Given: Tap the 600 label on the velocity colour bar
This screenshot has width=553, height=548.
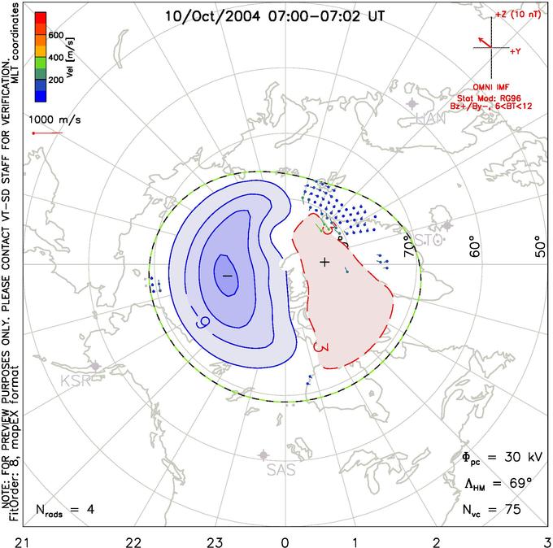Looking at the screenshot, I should click(x=57, y=36).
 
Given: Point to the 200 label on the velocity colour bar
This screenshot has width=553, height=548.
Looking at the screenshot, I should click(x=57, y=80).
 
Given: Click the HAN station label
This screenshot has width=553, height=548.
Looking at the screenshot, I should click(x=430, y=119).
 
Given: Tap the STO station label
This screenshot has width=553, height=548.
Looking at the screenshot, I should click(x=429, y=240).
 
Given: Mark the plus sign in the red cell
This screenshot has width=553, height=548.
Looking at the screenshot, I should click(x=324, y=262).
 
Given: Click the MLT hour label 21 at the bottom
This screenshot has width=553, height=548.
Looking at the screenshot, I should click(x=28, y=540).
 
